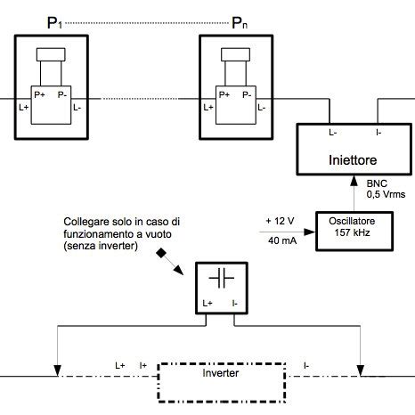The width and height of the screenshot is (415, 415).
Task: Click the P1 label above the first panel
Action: click(53, 23)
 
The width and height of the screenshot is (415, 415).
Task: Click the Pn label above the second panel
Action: click(239, 23)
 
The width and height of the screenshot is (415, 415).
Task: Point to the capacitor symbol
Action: click(221, 279)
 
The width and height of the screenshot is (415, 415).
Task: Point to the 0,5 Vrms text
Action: click(385, 193)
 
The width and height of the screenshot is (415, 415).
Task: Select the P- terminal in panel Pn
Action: click(247, 94)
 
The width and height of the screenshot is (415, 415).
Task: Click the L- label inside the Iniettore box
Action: click(332, 133)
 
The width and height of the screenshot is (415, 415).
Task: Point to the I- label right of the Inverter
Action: click(306, 365)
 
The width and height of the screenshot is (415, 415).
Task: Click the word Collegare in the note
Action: click(87, 220)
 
